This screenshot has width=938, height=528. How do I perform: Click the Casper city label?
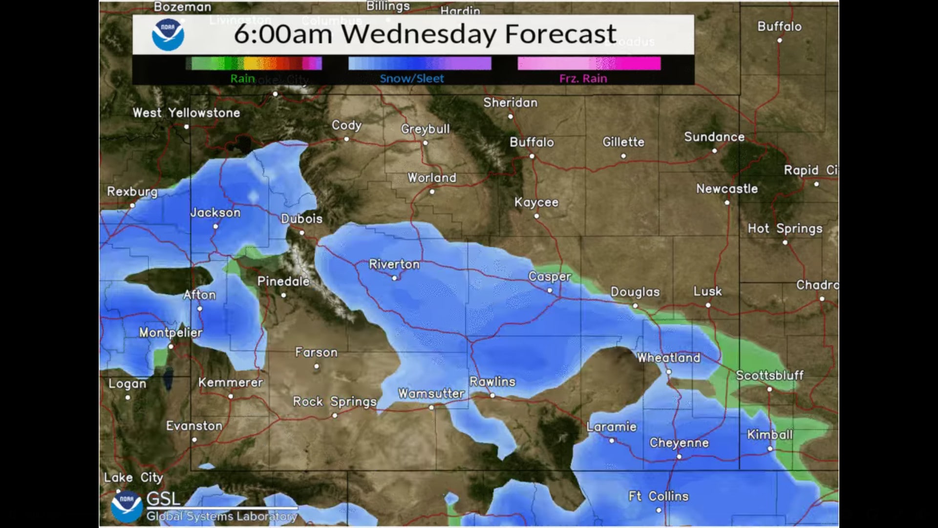[x=550, y=277]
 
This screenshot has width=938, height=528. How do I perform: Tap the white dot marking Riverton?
[x=395, y=278]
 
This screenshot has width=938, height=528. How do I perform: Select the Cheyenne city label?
[x=679, y=443]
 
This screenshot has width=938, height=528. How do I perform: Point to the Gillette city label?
[x=623, y=142]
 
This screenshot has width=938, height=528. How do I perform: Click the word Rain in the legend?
[x=243, y=79]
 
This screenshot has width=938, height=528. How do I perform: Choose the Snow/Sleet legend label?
[x=412, y=79]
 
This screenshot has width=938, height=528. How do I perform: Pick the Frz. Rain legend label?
[x=583, y=79]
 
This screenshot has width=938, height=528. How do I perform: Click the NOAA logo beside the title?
[x=168, y=35]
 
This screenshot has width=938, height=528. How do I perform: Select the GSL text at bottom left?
[x=164, y=499]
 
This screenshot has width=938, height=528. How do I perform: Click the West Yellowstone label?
[x=186, y=113]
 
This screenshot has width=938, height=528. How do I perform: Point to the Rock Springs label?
[x=335, y=402]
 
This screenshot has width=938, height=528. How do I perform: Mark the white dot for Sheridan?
[x=511, y=116]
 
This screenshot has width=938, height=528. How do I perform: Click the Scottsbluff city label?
[x=769, y=375]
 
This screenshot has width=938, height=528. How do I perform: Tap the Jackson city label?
[x=215, y=213]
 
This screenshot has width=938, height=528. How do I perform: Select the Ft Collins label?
[x=658, y=497]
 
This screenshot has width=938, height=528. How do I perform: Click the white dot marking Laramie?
[x=612, y=440]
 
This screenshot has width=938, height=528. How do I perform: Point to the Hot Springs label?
[x=785, y=229]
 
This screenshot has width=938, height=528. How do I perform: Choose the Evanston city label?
[x=194, y=426]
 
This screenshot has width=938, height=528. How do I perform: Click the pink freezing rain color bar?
[x=589, y=64]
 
